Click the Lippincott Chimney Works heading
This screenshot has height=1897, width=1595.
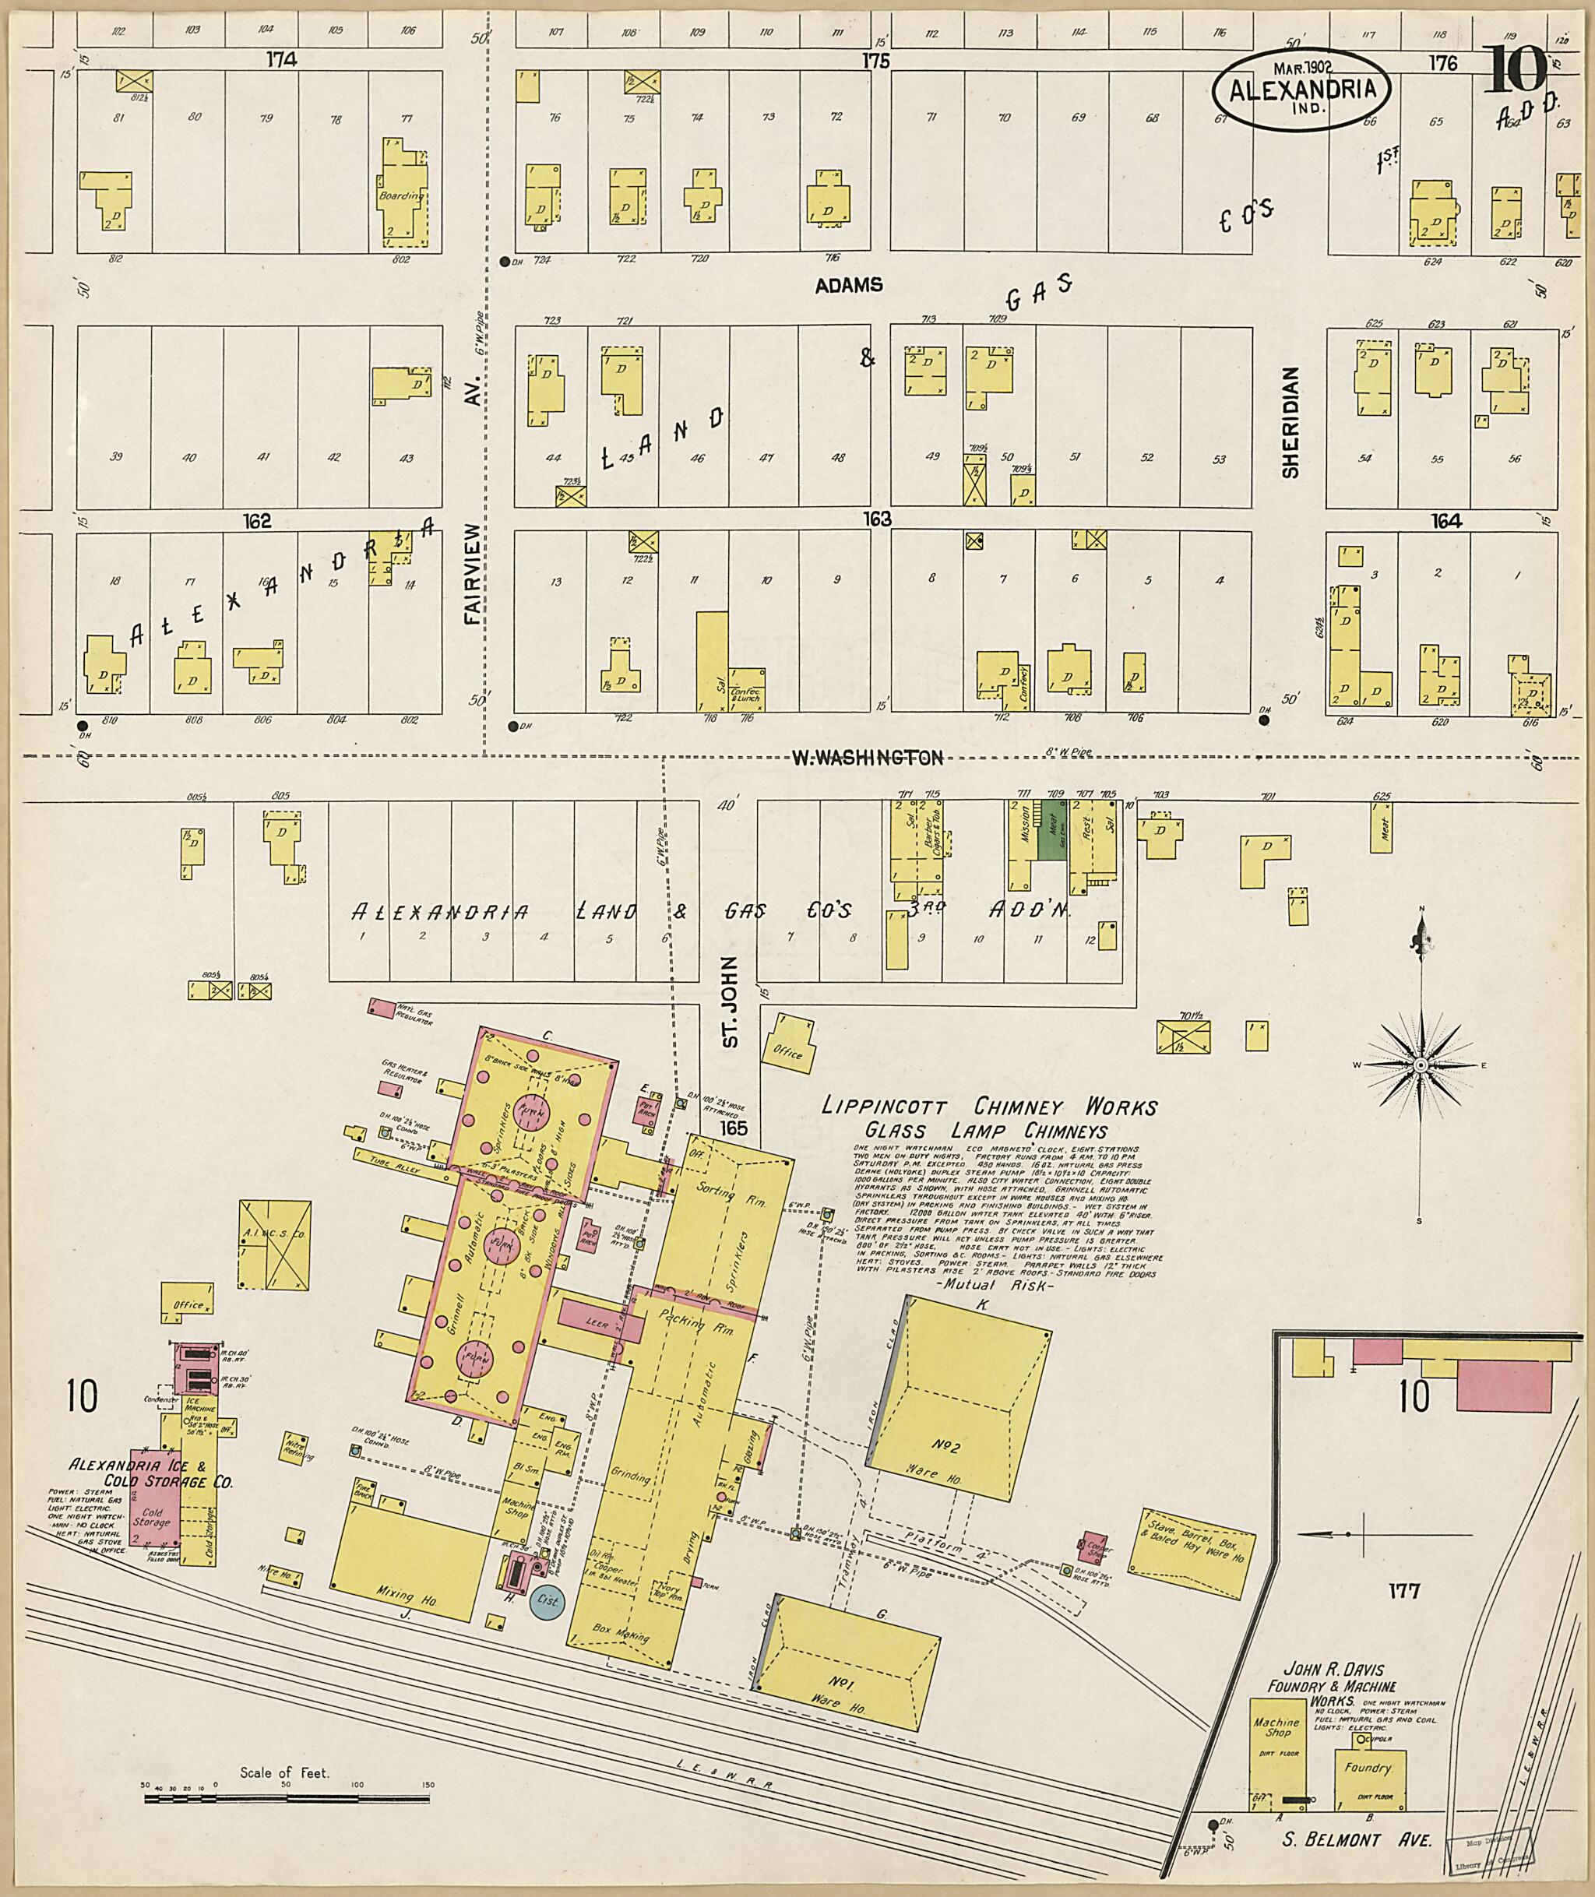(988, 1107)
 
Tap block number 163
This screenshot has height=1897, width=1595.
(876, 519)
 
